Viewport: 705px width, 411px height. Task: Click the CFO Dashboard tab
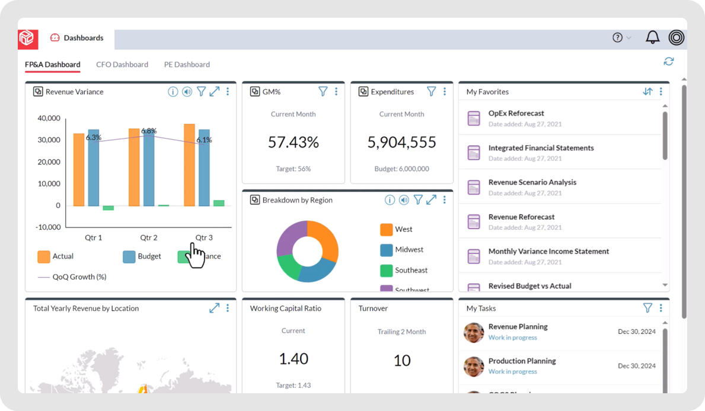tap(122, 65)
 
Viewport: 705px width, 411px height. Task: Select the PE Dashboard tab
tap(187, 65)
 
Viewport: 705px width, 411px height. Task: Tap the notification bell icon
tap(652, 37)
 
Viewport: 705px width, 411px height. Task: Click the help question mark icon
tap(617, 37)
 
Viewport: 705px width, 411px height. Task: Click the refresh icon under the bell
tap(669, 62)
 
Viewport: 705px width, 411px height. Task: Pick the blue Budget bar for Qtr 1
tap(94, 168)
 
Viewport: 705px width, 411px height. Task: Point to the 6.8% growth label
tap(149, 131)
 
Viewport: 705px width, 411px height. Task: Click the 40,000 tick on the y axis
tap(49, 118)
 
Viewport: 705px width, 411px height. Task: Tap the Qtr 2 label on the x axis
tap(149, 237)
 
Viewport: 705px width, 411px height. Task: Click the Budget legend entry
tap(142, 256)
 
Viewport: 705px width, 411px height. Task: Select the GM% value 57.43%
tap(293, 142)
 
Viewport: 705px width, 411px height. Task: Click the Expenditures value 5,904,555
tap(401, 142)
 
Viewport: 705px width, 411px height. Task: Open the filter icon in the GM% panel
tap(323, 92)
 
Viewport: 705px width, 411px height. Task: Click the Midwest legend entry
tap(409, 250)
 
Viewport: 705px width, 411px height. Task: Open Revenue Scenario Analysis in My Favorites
tap(532, 182)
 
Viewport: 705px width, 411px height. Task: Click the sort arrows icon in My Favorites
tap(647, 92)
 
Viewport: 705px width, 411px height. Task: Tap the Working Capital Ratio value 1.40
tap(293, 359)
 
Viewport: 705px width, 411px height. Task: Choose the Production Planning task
tap(522, 361)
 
